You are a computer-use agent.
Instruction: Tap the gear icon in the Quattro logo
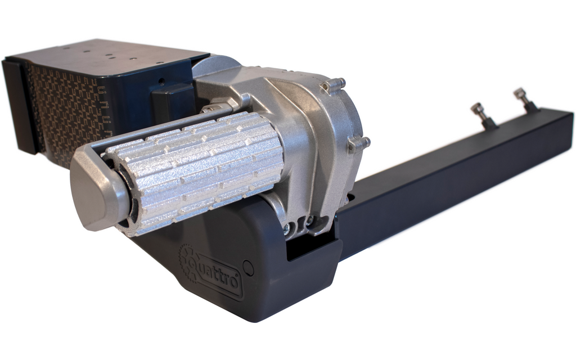[x=190, y=259]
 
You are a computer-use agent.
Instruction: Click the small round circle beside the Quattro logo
[x=249, y=268]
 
